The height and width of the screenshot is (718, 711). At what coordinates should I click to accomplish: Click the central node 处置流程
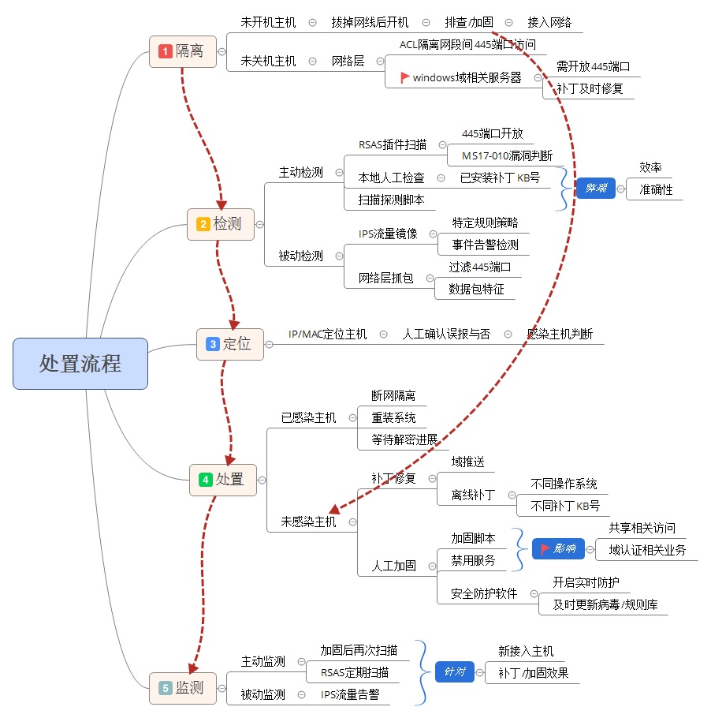[80, 364]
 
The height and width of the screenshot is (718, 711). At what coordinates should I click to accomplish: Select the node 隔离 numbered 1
[183, 51]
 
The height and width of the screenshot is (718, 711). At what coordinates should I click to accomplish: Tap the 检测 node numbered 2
[221, 224]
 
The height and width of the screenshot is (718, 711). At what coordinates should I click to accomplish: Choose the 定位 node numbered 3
[230, 344]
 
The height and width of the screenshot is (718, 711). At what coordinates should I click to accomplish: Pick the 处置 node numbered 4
[223, 479]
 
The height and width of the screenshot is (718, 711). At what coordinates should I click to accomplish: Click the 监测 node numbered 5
[182, 688]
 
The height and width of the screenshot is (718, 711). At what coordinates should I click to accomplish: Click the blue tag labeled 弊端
[596, 189]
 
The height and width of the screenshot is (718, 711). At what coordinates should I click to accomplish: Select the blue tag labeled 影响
[558, 548]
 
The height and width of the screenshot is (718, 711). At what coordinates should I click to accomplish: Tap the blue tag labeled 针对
[455, 672]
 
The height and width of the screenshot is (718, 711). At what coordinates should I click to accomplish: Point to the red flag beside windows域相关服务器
[405, 77]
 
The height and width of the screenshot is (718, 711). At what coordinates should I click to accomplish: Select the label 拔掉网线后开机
[369, 22]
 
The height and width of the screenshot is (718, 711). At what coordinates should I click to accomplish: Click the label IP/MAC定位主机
[327, 334]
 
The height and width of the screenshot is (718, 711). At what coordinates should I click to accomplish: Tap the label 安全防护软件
[484, 593]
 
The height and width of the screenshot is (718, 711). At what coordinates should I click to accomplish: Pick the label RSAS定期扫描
[354, 672]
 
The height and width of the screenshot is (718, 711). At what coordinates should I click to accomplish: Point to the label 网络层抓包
[385, 278]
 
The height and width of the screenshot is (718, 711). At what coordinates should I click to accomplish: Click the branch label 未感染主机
[308, 522]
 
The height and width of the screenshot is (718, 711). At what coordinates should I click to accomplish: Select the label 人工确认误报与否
[445, 334]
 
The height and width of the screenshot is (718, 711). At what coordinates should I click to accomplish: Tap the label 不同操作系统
[564, 484]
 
